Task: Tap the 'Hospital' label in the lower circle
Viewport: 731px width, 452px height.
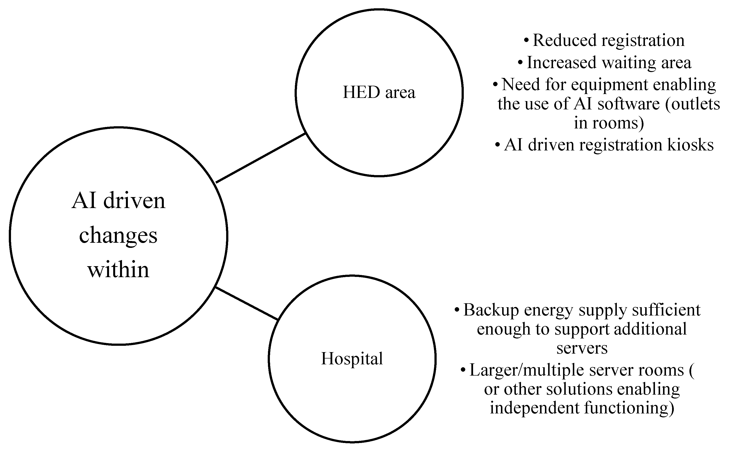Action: point(352,358)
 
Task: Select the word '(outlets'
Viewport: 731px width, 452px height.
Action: point(692,104)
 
